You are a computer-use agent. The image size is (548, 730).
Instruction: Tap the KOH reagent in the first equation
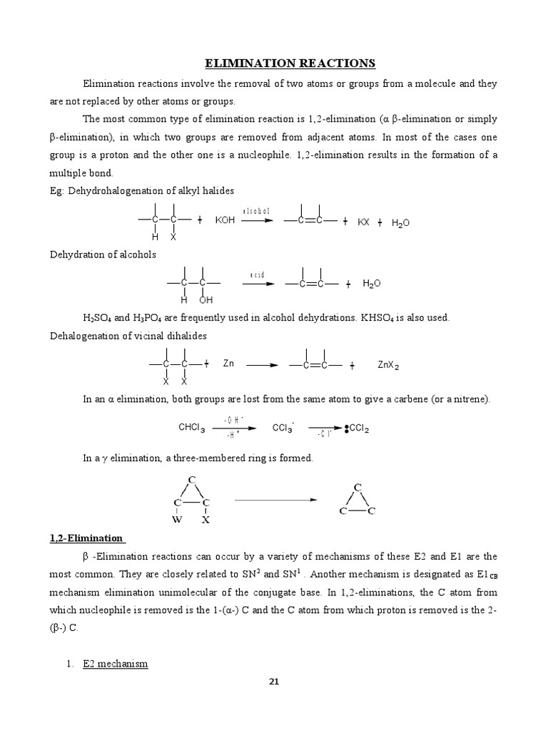[225, 222]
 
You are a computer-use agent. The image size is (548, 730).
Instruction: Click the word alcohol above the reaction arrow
[255, 212]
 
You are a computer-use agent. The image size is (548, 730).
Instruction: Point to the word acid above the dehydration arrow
[257, 274]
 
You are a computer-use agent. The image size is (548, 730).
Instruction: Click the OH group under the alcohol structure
[206, 300]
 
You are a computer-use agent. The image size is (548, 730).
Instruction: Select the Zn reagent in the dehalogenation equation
[228, 364]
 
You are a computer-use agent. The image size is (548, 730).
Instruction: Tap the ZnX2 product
[388, 365]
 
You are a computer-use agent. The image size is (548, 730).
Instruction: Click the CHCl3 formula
[191, 428]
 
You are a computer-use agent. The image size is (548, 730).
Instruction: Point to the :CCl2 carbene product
[357, 429]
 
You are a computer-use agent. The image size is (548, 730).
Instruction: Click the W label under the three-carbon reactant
[177, 520]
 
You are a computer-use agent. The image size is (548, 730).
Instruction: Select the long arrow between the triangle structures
[275, 500]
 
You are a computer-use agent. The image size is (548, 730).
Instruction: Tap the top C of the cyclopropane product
[357, 487]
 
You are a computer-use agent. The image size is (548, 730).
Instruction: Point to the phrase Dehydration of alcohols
[103, 254]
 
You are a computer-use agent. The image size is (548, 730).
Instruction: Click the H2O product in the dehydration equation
[372, 284]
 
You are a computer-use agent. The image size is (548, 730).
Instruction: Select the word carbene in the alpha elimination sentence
[420, 399]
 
